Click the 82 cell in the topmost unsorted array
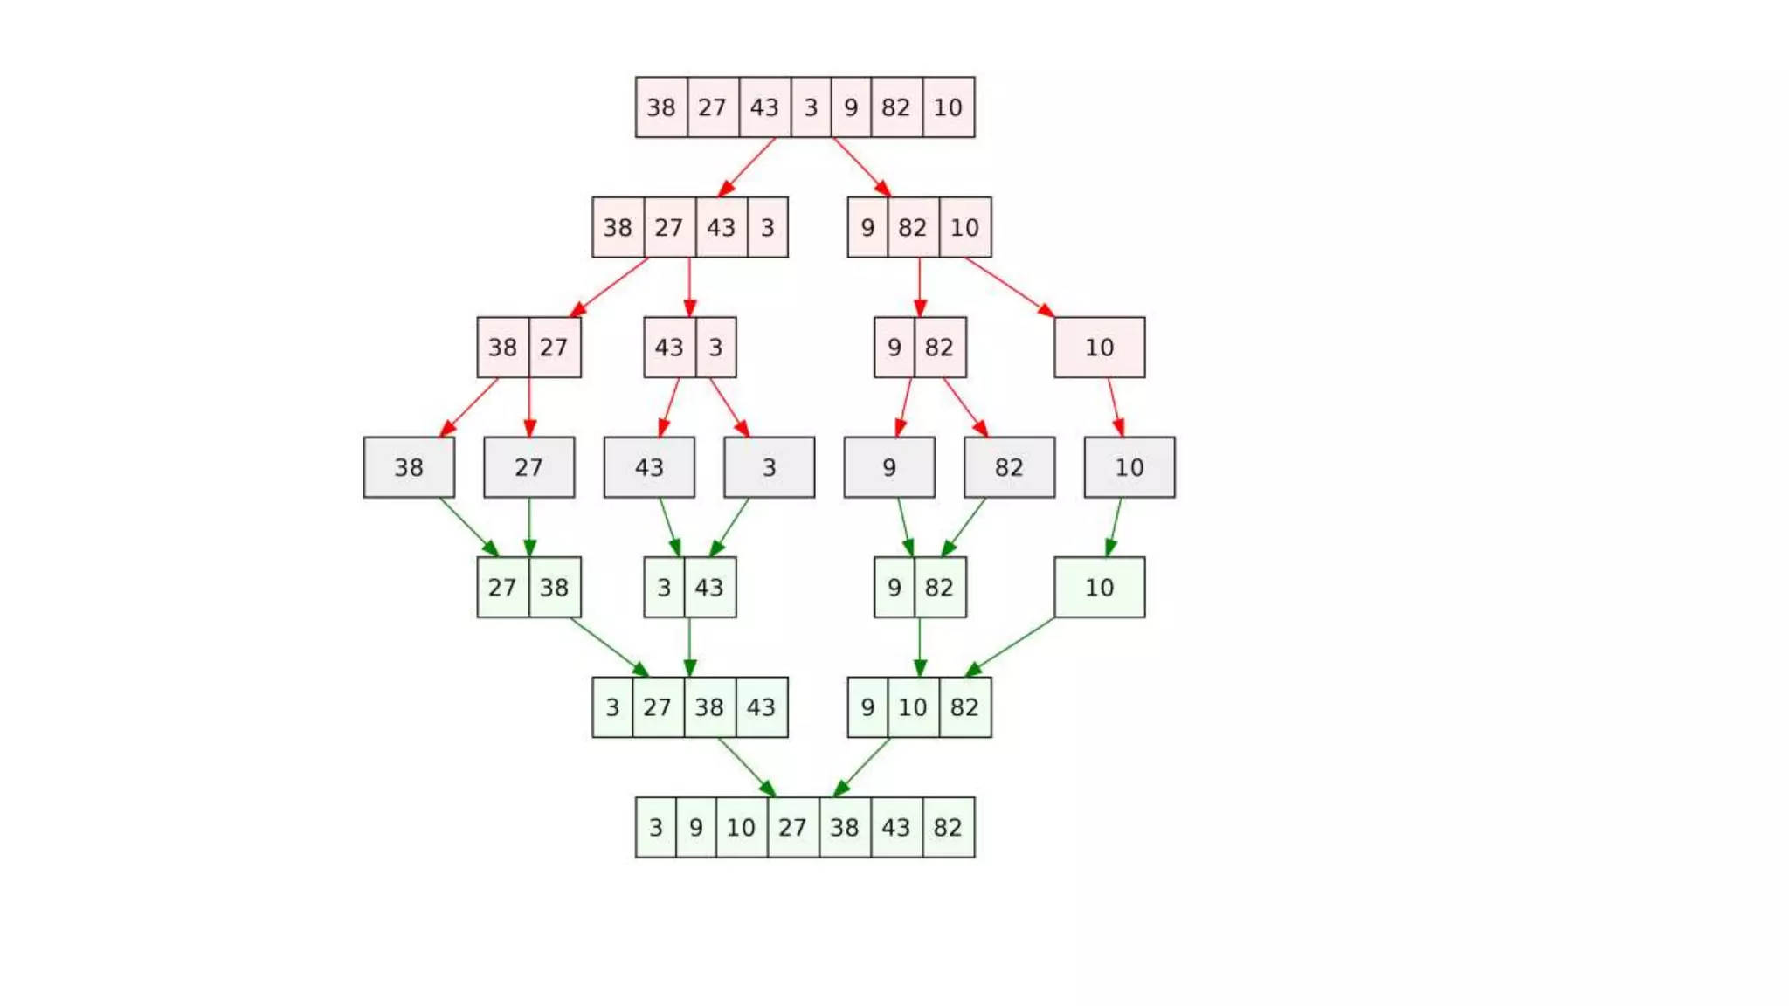(x=896, y=107)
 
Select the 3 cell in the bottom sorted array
(x=656, y=827)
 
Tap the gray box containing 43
(x=649, y=467)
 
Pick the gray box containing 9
(x=889, y=467)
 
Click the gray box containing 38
(x=409, y=467)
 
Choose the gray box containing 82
(x=1009, y=467)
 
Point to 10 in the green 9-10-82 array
(x=913, y=707)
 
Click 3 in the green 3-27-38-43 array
(x=612, y=707)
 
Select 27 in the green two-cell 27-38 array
(x=502, y=588)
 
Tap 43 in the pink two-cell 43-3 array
(x=669, y=348)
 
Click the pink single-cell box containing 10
(x=1099, y=348)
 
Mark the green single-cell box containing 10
(x=1099, y=588)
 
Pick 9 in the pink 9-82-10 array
(x=867, y=228)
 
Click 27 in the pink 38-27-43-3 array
(x=669, y=228)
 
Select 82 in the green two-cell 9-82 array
(x=939, y=588)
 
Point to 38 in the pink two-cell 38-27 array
(x=502, y=348)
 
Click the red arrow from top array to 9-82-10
(x=860, y=166)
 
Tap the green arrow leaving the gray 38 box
(x=468, y=527)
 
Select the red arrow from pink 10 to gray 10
(x=1115, y=406)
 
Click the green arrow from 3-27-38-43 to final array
(x=746, y=767)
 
